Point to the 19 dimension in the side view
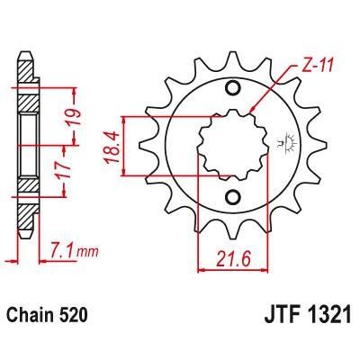(x=79, y=114)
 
